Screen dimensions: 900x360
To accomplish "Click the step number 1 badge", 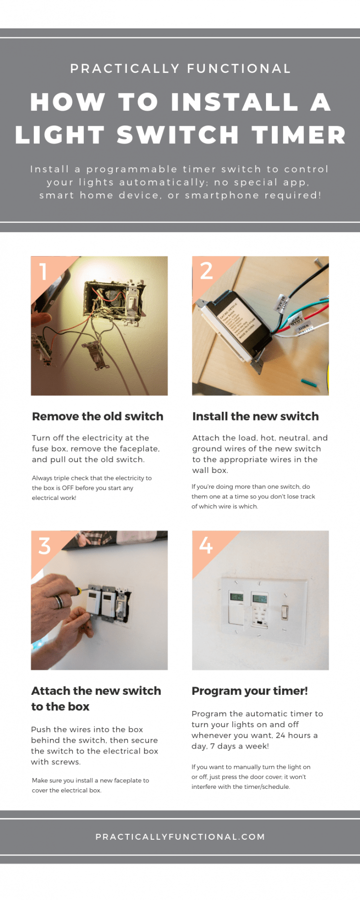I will (x=44, y=271).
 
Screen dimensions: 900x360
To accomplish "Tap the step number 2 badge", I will (x=206, y=271).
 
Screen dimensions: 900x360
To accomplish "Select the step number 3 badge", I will (x=45, y=545).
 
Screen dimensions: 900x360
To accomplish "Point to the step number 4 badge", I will (x=206, y=545).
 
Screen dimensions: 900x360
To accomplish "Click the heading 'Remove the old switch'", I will (x=97, y=416).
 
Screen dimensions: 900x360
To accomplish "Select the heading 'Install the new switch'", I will (x=255, y=416).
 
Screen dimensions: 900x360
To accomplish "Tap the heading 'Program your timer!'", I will (x=250, y=691).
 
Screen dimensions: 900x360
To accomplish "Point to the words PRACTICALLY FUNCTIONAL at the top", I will (x=180, y=69).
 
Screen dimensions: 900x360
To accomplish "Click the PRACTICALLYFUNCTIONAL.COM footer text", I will (x=180, y=837).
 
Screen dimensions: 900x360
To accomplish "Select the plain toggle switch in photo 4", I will (x=285, y=612).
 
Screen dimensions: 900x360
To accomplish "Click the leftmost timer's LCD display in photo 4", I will (x=237, y=597).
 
